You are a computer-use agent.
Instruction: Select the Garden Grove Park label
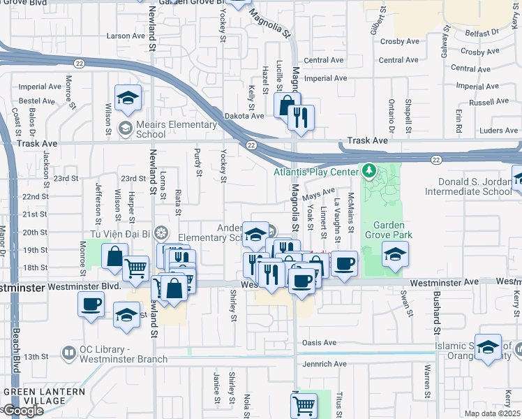click(394, 230)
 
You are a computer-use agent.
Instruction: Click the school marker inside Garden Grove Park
click(395, 256)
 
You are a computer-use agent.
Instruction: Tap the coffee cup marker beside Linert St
click(343, 264)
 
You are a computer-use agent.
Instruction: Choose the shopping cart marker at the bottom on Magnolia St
click(304, 404)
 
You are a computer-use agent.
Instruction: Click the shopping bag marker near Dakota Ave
click(287, 106)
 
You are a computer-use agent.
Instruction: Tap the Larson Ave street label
click(126, 36)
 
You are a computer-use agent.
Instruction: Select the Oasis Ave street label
click(319, 343)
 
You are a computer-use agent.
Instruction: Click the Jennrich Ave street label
click(324, 364)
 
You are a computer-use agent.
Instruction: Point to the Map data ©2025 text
click(492, 413)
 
